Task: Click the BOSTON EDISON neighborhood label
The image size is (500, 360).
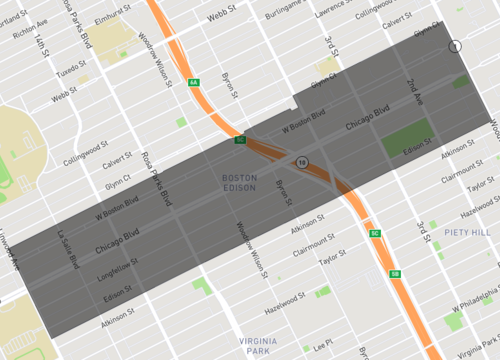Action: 239,182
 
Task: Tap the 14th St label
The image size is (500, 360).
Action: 41,47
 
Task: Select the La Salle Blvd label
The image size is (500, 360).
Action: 68,250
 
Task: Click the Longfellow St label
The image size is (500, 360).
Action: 118,270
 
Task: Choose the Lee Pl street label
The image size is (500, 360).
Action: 322,346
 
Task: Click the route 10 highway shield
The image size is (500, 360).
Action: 300,160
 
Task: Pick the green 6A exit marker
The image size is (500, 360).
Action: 192,82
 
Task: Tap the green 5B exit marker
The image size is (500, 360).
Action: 396,273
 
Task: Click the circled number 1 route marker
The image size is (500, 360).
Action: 455,46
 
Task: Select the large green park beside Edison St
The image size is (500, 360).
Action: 407,139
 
